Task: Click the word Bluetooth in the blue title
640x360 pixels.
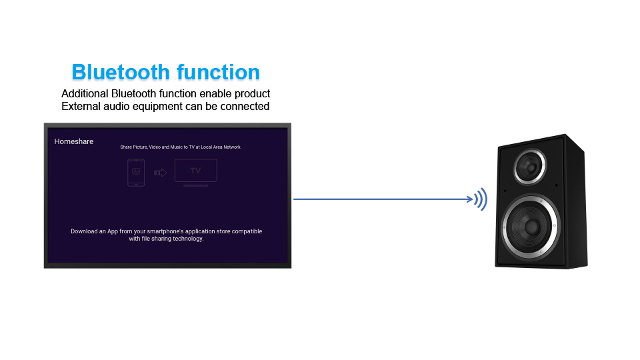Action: (121, 72)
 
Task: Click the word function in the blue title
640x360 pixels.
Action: (219, 72)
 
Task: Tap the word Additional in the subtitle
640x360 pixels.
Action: (85, 93)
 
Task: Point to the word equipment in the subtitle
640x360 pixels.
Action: (157, 107)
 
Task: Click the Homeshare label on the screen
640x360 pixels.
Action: (74, 141)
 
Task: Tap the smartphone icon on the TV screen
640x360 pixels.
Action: (136, 173)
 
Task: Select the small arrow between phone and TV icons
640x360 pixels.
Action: (161, 173)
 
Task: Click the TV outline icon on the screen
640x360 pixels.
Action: (196, 172)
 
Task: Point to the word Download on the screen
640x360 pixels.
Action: (84, 231)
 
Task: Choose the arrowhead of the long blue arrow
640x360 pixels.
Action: (470, 199)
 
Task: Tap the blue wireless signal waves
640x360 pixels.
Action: (481, 199)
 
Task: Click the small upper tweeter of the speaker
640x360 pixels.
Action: (530, 167)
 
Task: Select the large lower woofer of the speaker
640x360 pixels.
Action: (531, 227)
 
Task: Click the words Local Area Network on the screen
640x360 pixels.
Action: (221, 147)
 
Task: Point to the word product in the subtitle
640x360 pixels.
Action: (252, 94)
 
